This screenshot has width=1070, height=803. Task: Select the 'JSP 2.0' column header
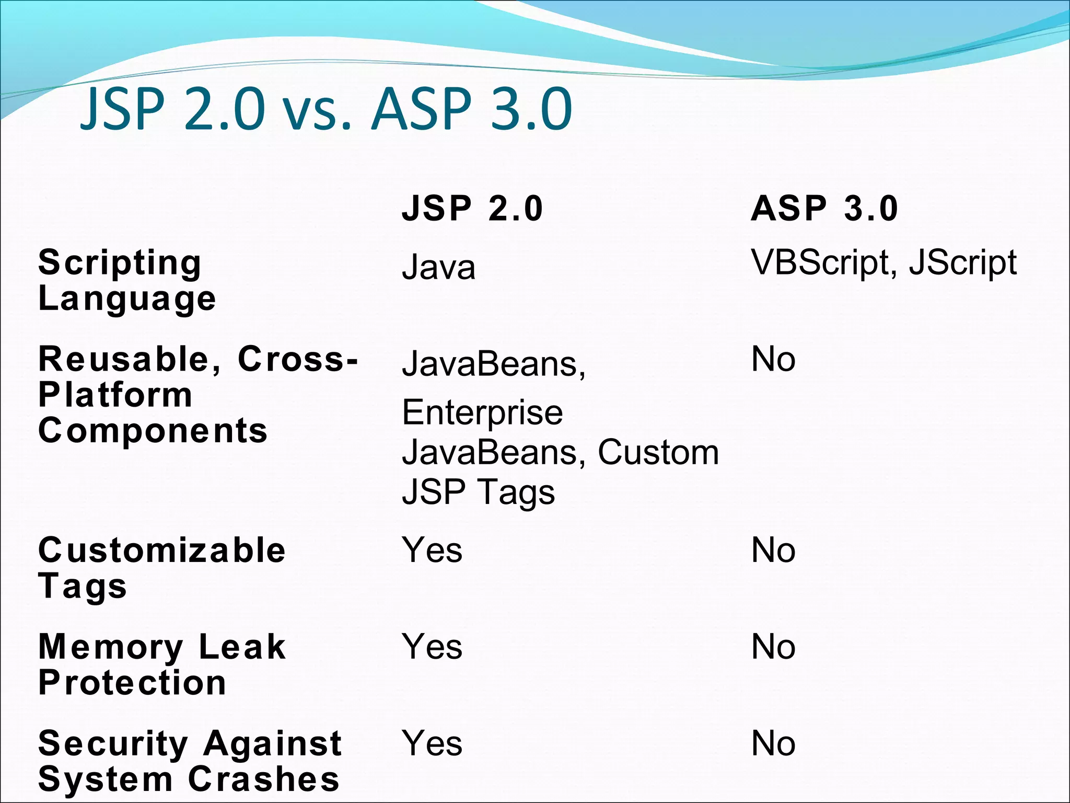(472, 208)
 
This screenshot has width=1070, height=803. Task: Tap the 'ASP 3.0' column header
(824, 208)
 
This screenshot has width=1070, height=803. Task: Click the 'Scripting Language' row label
(126, 280)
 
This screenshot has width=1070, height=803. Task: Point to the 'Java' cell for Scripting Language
(438, 267)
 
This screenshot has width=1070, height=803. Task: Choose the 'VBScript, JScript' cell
(883, 262)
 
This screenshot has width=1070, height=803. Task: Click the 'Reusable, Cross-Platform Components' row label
(197, 395)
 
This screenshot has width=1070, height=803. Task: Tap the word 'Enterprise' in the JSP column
(482, 412)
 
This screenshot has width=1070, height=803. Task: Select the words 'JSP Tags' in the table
(478, 492)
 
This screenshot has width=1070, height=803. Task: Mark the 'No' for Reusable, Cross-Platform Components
(773, 360)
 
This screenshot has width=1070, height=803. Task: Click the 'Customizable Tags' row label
(161, 568)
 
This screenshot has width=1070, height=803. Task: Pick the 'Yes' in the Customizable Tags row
(432, 550)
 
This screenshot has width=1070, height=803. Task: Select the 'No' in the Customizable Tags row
(773, 550)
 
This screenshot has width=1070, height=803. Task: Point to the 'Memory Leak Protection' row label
(161, 664)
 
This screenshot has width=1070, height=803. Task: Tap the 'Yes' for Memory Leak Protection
(432, 647)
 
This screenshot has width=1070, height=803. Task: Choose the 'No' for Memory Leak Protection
(773, 647)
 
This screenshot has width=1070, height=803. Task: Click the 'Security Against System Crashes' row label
(190, 761)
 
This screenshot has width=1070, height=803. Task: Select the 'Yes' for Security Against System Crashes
(432, 743)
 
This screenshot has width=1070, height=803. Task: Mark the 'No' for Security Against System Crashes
(773, 743)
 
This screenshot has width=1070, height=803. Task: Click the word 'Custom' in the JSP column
(658, 452)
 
